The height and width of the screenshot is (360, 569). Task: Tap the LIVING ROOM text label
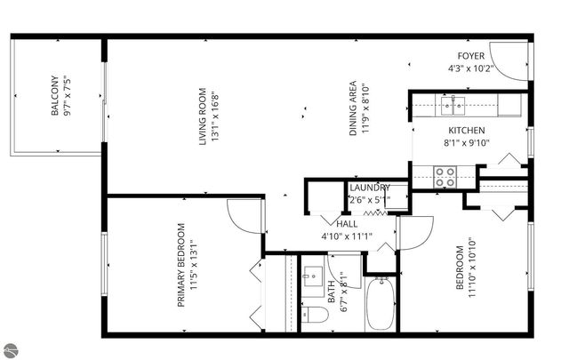[203, 115]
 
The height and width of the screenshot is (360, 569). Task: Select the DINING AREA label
[353, 107]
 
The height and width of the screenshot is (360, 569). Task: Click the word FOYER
[471, 55]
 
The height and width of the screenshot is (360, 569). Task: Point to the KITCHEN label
[466, 130]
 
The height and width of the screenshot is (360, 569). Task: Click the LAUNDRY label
[369, 188]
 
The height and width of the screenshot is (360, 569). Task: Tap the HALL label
[333, 225]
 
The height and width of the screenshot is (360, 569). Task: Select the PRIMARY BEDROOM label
[181, 264]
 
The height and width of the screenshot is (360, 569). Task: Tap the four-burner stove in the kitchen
[445, 177]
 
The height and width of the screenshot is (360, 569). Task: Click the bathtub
[383, 304]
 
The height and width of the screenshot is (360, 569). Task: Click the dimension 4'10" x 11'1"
[346, 236]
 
